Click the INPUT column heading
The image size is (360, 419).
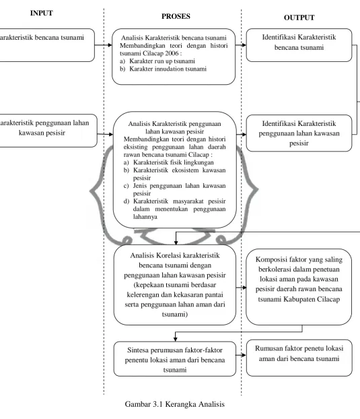pos(41,13)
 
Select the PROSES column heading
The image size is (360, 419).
pos(176,16)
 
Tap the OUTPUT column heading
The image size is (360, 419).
pos(299,18)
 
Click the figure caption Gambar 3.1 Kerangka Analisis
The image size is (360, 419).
pos(175,404)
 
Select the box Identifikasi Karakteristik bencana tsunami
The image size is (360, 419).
pos(299,45)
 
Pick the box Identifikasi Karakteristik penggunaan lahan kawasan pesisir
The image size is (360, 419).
pos(299,133)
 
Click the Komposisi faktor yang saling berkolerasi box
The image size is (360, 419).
pos(299,287)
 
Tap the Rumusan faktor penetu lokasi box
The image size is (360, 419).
pos(299,358)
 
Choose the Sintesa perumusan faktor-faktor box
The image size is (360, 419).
pos(175,359)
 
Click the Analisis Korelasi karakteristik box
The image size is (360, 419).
pos(175,285)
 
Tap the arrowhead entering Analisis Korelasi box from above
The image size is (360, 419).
pos(176,243)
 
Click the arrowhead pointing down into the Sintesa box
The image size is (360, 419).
pos(175,339)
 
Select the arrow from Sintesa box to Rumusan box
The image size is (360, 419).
pos(241,355)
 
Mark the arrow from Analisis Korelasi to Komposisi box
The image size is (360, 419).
pos(242,288)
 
